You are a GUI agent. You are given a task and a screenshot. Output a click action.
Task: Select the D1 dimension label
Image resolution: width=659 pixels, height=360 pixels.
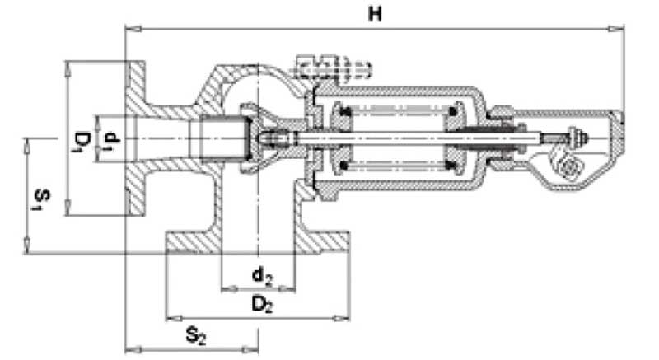(x=79, y=141)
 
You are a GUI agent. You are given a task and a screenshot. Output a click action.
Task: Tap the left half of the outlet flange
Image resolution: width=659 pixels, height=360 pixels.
(x=194, y=244)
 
